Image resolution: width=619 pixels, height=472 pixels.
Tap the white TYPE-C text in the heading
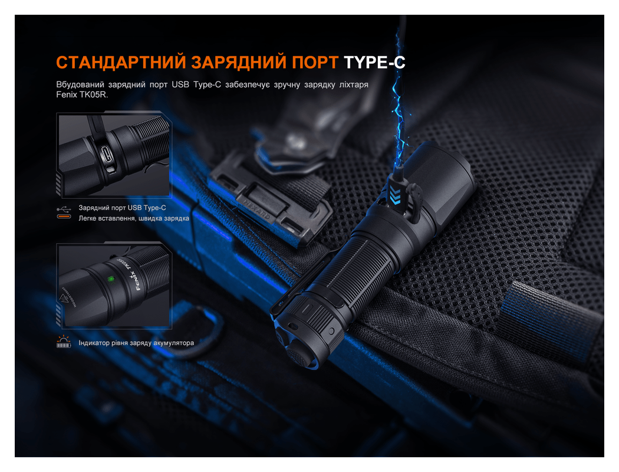(374, 62)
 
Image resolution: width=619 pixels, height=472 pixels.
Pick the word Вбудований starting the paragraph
(77, 84)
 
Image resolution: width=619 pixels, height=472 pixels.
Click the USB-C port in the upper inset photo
(107, 155)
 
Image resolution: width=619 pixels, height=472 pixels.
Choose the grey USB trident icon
(63, 208)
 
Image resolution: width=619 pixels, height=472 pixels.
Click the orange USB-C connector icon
(63, 218)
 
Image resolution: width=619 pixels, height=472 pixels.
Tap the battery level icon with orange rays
(63, 342)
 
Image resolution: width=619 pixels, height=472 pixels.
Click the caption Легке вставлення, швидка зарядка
(134, 218)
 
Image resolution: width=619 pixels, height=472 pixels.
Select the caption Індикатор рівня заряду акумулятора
(136, 343)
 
